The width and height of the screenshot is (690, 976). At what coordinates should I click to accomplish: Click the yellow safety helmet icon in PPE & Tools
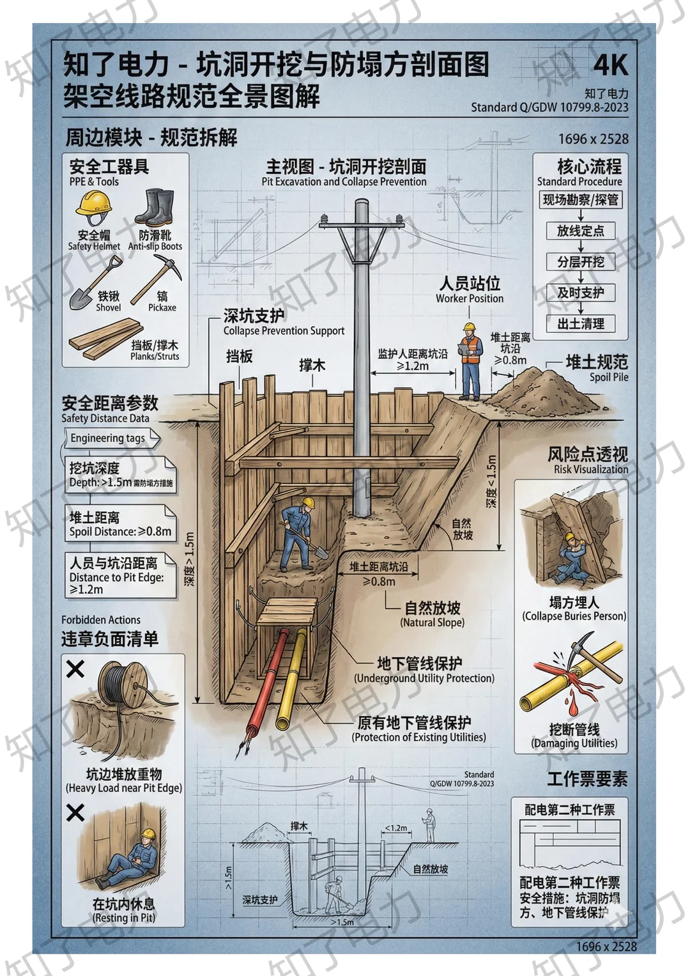(94, 207)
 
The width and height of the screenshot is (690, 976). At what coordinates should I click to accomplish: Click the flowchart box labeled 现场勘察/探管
(580, 200)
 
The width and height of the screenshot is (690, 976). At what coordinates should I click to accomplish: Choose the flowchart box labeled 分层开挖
(580, 262)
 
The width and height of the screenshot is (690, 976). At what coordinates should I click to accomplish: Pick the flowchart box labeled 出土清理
(580, 324)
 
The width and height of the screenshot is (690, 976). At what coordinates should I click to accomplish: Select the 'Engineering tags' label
(109, 438)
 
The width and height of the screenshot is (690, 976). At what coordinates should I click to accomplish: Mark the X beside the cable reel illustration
(75, 669)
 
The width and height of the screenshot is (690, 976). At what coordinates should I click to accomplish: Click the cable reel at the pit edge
(122, 687)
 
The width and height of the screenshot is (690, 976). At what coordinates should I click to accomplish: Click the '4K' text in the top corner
(609, 65)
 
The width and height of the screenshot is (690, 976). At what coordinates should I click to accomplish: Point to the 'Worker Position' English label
(470, 298)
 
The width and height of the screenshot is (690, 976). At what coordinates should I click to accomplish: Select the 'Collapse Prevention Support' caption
(284, 331)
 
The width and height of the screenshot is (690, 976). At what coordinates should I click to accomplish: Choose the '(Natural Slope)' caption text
(432, 623)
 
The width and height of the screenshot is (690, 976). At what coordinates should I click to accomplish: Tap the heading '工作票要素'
(587, 778)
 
